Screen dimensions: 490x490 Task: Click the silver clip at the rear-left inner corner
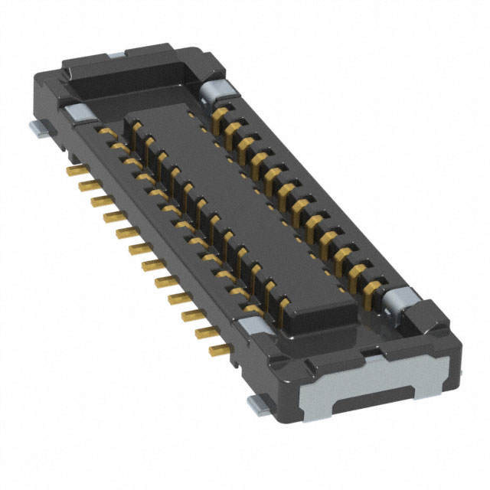[77, 113]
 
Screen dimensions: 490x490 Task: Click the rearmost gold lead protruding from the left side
[74, 165]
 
